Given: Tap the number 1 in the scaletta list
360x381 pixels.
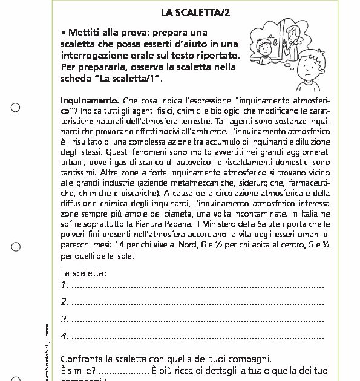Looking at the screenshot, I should click(x=64, y=285).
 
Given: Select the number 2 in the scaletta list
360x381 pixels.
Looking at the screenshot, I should click(x=64, y=302).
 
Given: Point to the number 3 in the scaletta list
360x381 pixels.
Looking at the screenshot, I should click(x=64, y=319).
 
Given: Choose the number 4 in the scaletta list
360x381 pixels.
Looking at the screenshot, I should click(x=64, y=336).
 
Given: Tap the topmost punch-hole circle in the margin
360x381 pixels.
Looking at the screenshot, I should click(x=16, y=108).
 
